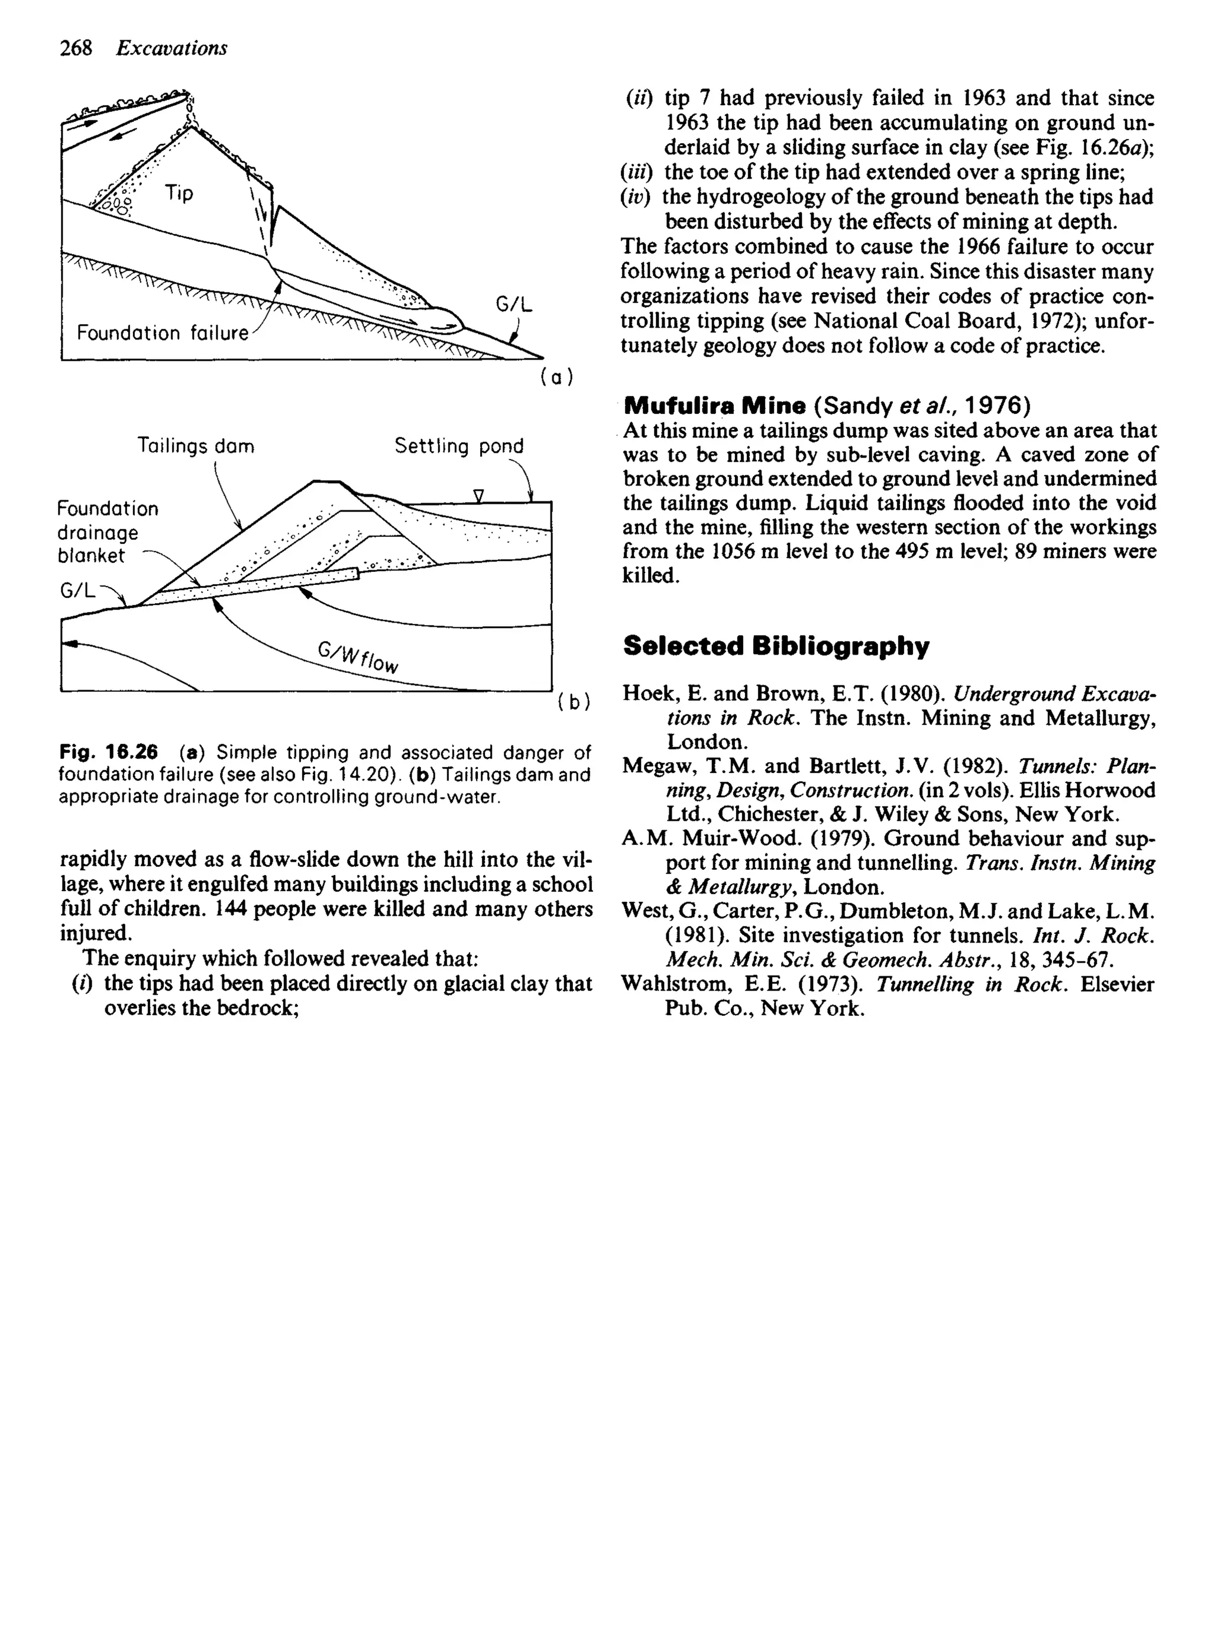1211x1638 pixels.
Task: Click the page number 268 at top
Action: [76, 48]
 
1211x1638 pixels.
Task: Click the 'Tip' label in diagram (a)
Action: [179, 193]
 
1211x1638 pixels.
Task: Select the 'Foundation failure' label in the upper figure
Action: [162, 334]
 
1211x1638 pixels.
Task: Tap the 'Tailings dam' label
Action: [196, 446]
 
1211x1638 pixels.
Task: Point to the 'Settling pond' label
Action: [459, 446]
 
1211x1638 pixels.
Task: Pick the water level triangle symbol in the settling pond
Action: [479, 496]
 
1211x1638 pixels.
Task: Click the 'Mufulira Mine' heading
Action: [715, 405]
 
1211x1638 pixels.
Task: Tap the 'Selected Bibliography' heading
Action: [776, 646]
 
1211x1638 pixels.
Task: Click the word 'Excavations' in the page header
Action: [171, 48]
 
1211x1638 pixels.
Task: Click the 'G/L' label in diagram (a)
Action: [514, 304]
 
